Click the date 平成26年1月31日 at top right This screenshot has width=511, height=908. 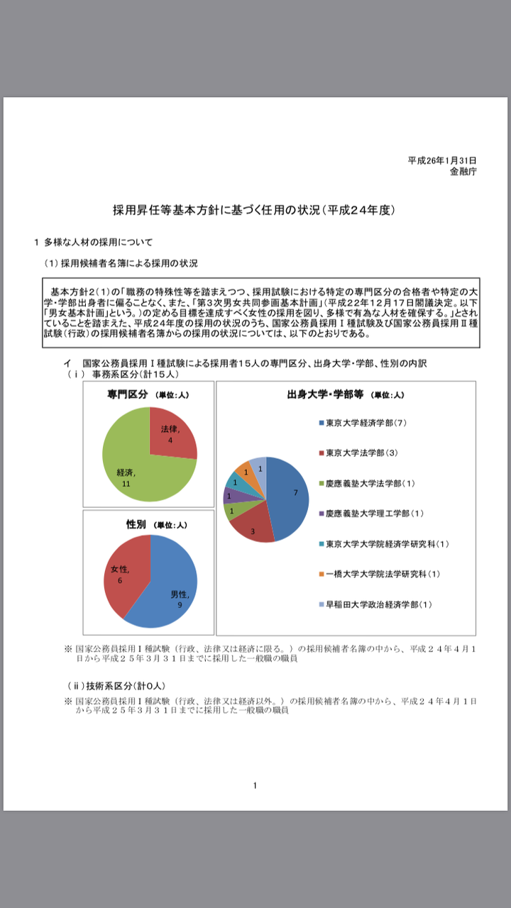click(441, 161)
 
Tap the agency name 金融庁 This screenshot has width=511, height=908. click(463, 172)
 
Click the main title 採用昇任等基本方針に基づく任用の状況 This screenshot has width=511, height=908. click(254, 210)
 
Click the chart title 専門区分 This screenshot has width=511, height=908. click(128, 394)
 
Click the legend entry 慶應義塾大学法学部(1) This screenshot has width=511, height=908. click(370, 483)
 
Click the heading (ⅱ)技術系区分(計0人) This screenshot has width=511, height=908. click(116, 686)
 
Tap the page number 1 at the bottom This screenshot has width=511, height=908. click(255, 785)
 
